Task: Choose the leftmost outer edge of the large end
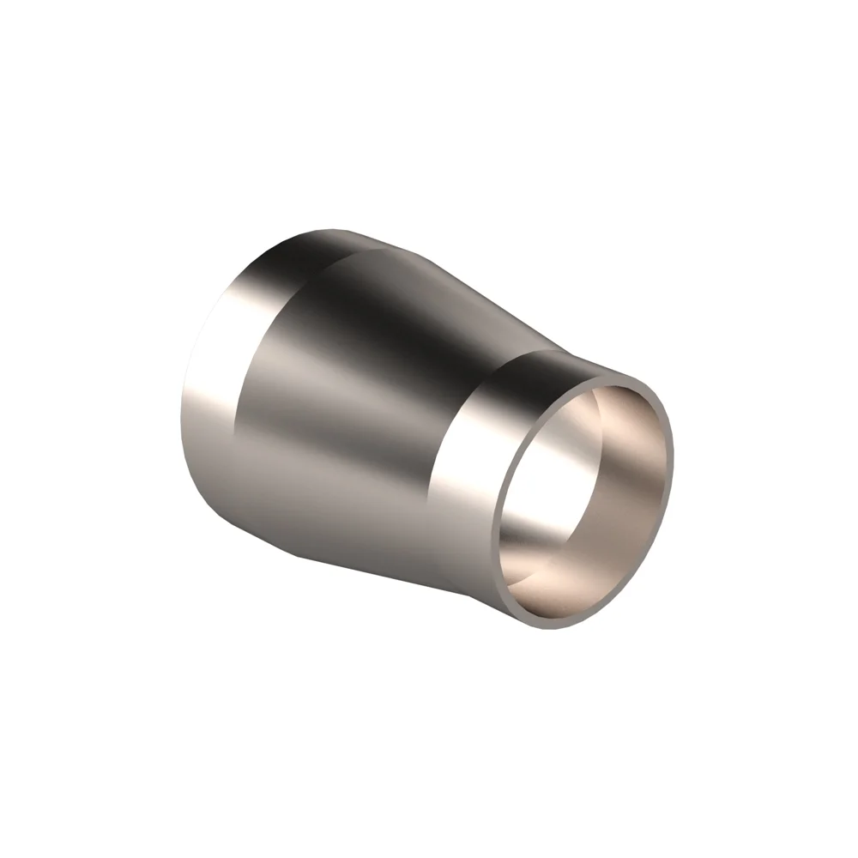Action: coord(182,412)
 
